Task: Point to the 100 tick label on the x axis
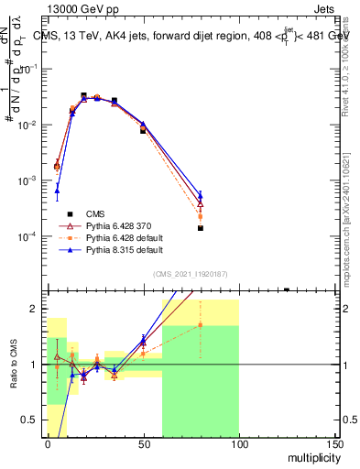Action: click(239, 442)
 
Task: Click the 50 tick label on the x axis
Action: click(143, 442)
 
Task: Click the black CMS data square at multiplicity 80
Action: click(201, 228)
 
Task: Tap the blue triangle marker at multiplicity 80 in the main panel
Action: click(201, 194)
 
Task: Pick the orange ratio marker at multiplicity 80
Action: click(201, 324)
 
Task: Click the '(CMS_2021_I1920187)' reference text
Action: click(191, 273)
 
